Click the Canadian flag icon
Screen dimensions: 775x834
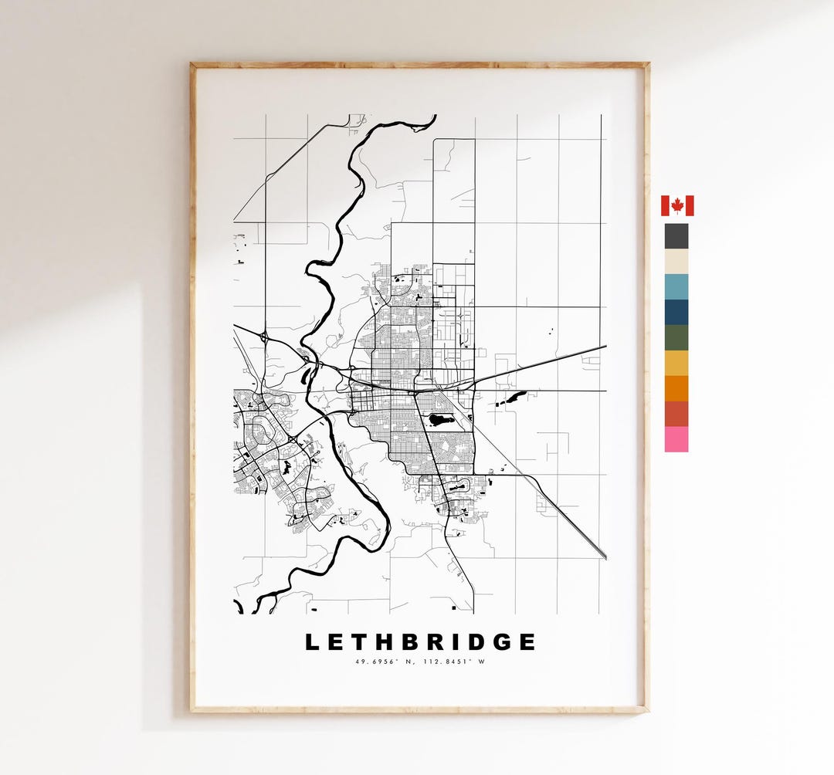click(x=677, y=205)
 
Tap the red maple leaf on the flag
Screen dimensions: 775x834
click(x=677, y=205)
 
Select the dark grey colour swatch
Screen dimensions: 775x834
click(x=676, y=236)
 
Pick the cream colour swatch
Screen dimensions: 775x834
click(x=676, y=262)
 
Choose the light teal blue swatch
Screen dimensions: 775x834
click(x=676, y=287)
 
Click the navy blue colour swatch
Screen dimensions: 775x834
click(x=676, y=313)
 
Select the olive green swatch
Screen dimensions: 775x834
click(x=676, y=338)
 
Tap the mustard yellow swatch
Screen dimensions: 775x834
click(x=676, y=364)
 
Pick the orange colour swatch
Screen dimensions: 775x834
click(x=676, y=389)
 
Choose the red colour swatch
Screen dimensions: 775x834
click(x=676, y=414)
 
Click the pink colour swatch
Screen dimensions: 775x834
click(x=676, y=439)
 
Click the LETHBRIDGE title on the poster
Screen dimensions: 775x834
click(x=420, y=642)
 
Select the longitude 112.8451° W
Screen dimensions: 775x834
click(x=456, y=662)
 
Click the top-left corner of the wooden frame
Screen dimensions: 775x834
click(x=193, y=65)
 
